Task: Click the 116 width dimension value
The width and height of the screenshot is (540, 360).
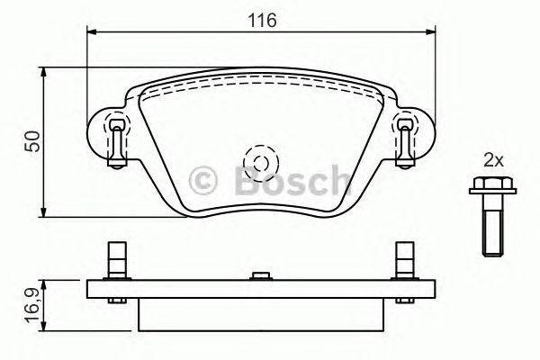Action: pos(262,19)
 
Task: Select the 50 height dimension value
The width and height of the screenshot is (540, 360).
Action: pos(32,142)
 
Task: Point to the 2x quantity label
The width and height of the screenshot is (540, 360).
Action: pos(492,161)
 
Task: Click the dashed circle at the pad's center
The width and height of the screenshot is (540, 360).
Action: pos(260,163)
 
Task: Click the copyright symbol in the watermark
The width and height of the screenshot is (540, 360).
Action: pos(204,179)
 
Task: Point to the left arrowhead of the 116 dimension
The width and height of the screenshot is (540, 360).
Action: pos(92,31)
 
